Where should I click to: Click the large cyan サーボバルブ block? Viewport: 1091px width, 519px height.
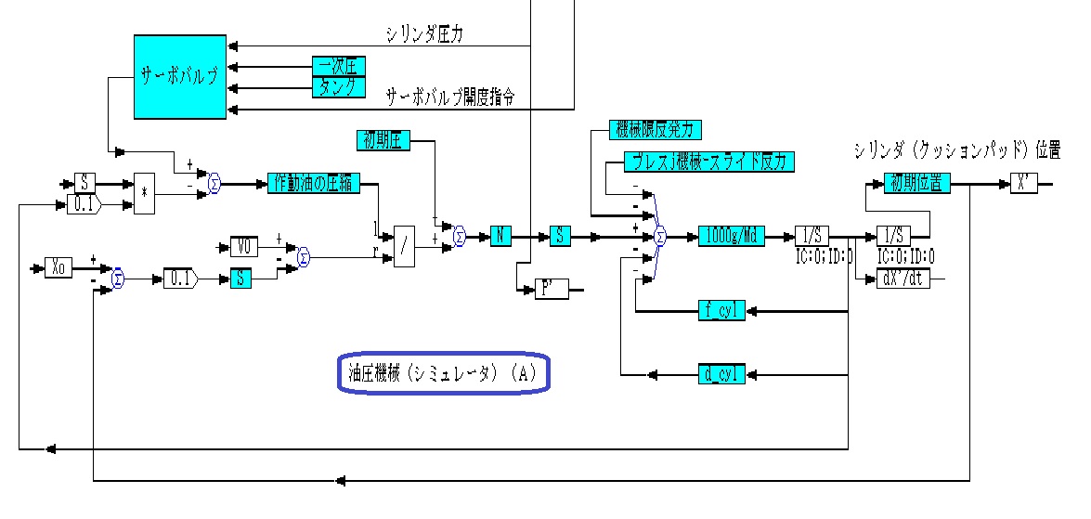[180, 77]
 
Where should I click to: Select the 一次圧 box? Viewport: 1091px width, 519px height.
[338, 66]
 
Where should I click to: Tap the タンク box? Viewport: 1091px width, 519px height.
[338, 87]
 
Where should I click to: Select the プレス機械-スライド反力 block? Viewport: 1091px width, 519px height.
[709, 162]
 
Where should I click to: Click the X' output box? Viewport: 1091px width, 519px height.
[1024, 184]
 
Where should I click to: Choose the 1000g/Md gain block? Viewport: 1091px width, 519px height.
[731, 237]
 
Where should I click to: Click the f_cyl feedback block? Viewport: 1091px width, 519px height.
[721, 311]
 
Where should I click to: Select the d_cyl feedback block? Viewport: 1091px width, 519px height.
[721, 374]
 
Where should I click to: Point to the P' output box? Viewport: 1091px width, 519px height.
[552, 289]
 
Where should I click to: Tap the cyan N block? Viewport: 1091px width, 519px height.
[500, 237]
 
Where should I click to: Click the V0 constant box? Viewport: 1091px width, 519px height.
[244, 247]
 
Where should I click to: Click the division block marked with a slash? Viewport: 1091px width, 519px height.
[404, 247]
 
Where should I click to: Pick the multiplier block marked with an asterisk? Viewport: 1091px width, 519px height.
[144, 194]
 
